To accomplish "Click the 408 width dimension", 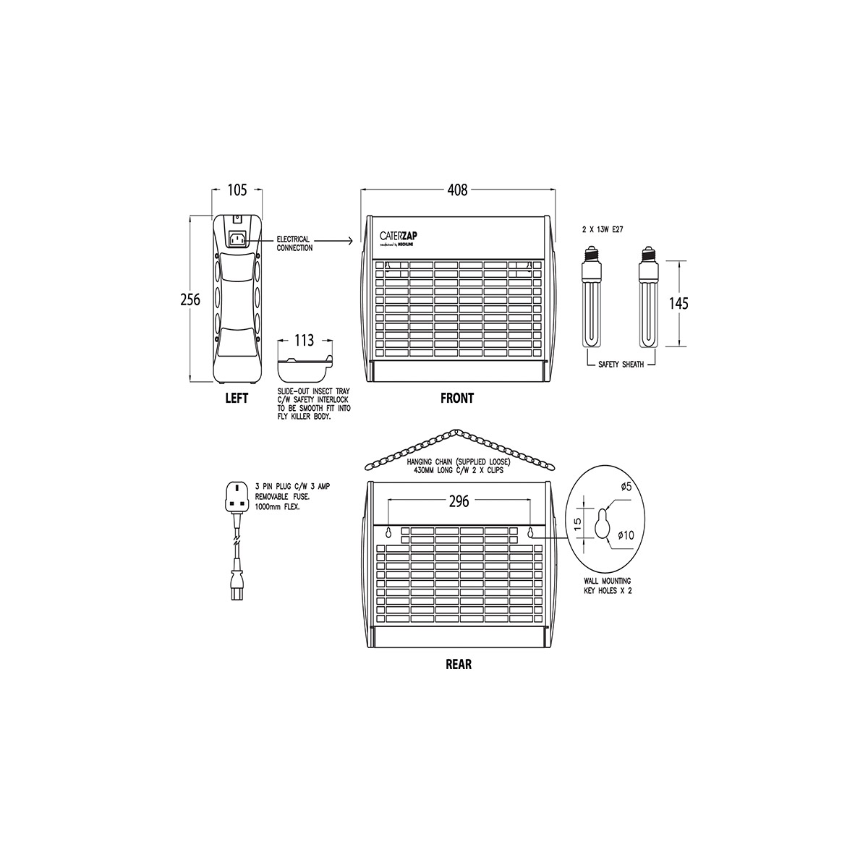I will pyautogui.click(x=458, y=190).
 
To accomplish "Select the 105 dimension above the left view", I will pyautogui.click(x=237, y=190).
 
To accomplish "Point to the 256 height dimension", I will pyautogui.click(x=190, y=300).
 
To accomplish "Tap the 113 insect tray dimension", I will pyautogui.click(x=305, y=341).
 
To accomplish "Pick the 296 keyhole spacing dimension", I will pyautogui.click(x=459, y=501).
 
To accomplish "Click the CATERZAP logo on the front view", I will pyautogui.click(x=409, y=235).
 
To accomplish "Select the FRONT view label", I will pyautogui.click(x=457, y=398).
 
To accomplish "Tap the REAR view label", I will pyautogui.click(x=459, y=664).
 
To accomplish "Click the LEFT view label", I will pyautogui.click(x=237, y=398).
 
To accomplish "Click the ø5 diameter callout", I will pyautogui.click(x=626, y=487).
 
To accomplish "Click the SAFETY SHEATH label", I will pyautogui.click(x=621, y=365).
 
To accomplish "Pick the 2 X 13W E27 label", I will pyautogui.click(x=603, y=229).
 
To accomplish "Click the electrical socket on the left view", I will pyautogui.click(x=237, y=239).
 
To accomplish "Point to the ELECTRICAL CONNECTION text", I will pyautogui.click(x=294, y=243).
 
